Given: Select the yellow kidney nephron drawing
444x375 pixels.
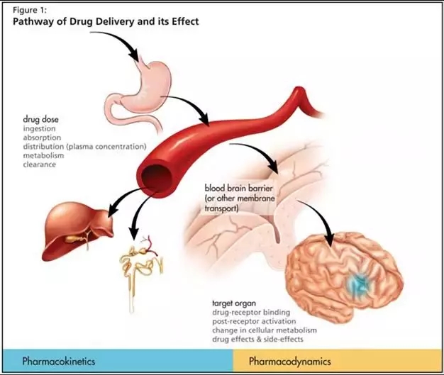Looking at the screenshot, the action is [x=142, y=269].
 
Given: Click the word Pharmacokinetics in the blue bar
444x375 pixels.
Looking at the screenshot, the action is [x=59, y=362].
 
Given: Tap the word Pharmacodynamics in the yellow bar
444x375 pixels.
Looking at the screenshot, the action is [x=290, y=362].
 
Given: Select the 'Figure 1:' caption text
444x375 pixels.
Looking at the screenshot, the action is [x=30, y=10].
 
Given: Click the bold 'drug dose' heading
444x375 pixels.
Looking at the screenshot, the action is [x=40, y=119].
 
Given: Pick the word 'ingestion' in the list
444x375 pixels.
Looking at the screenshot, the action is [x=39, y=129].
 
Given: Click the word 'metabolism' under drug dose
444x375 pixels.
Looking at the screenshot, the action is [x=43, y=155].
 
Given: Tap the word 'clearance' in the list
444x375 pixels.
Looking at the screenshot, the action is [x=39, y=164].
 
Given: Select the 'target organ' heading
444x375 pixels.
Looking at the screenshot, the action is [x=234, y=303].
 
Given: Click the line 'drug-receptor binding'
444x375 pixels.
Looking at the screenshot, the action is [x=251, y=313].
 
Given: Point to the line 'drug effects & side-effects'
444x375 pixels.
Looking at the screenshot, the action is [x=257, y=339].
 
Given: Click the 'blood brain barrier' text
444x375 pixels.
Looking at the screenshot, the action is [x=239, y=188].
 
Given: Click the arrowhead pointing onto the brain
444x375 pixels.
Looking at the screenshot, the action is [x=330, y=239].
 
